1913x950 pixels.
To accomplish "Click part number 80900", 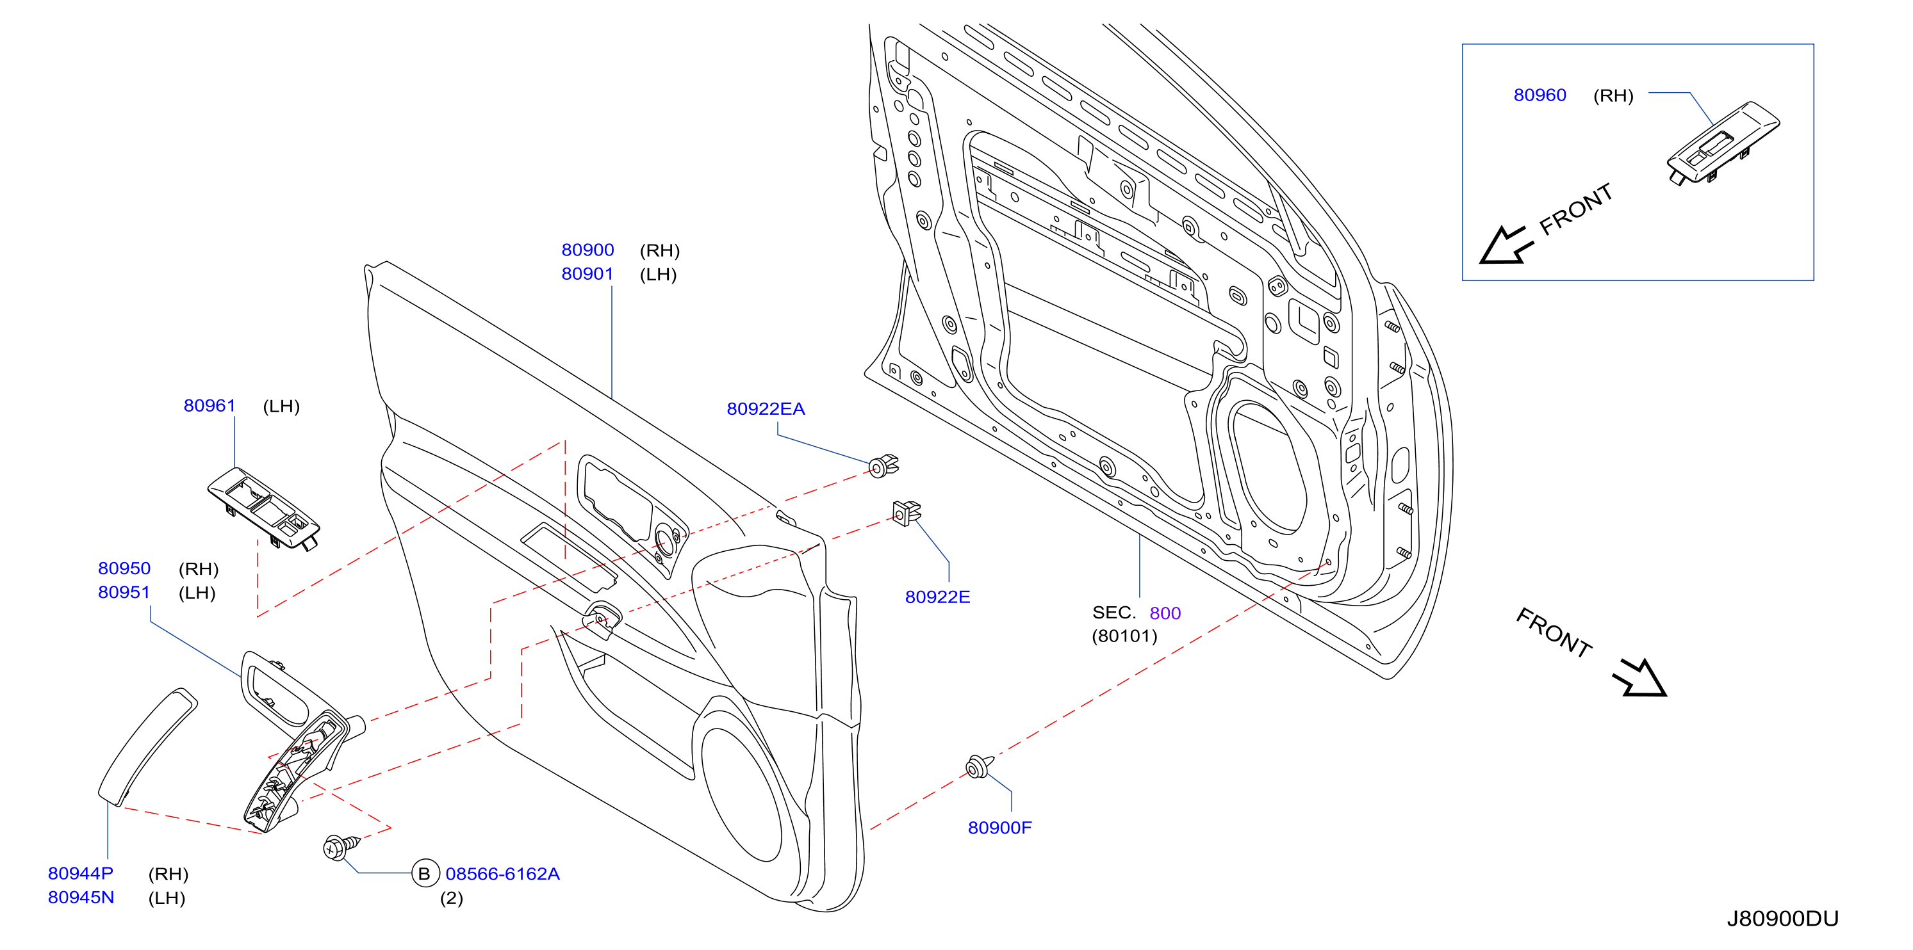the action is [x=587, y=250].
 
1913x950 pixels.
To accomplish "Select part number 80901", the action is [x=587, y=274].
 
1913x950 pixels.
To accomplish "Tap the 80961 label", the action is [x=209, y=405].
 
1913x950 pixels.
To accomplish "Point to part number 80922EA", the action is [x=766, y=408].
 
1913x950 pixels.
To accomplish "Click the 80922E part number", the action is [x=937, y=597].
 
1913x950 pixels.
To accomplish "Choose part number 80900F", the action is [x=999, y=828].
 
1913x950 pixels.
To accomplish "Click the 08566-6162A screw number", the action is [x=502, y=874].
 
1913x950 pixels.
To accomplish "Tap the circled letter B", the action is [x=425, y=874].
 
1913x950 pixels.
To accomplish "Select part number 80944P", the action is [x=81, y=874].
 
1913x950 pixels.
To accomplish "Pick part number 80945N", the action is [x=81, y=898].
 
